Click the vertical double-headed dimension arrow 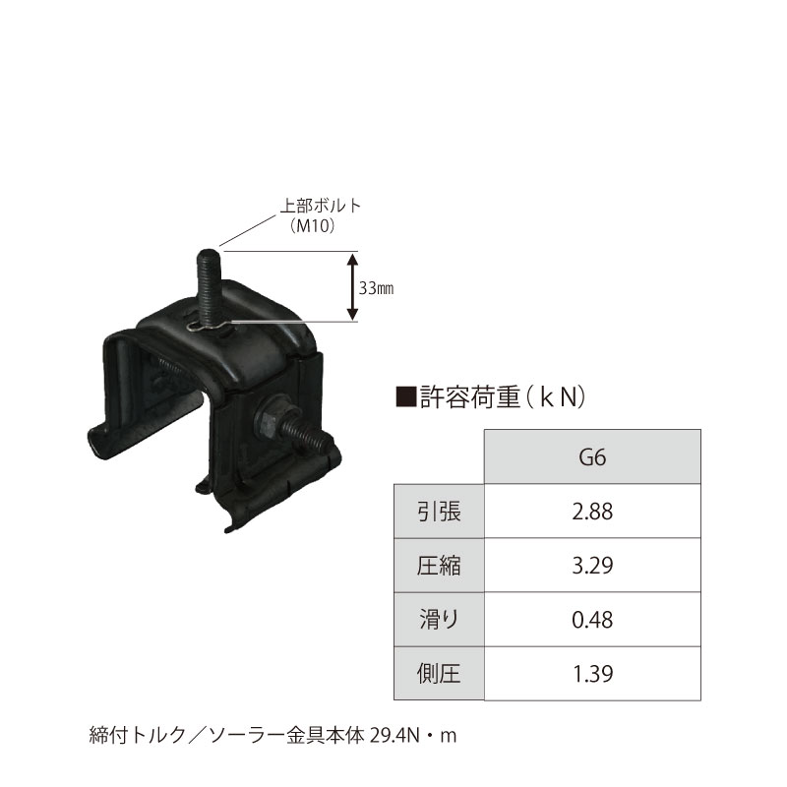(351, 286)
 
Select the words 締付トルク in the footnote (123, 735)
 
